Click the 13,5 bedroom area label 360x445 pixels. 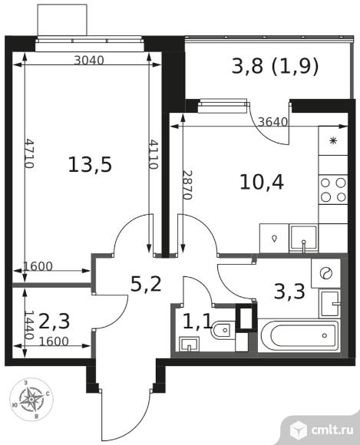click(90, 165)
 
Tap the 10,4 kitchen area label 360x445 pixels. click(262, 182)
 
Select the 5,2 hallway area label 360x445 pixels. click(146, 284)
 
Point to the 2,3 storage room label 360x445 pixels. click(54, 321)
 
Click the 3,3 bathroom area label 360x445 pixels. click(289, 292)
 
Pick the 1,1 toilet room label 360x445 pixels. click(197, 321)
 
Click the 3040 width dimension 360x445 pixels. click(89, 60)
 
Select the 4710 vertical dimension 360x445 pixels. click(29, 153)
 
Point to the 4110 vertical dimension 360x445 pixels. click(154, 153)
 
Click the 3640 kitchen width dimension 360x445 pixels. click(273, 122)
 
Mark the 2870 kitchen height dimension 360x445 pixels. click(187, 185)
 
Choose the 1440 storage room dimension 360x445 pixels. click(29, 325)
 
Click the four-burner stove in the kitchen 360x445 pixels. click(333, 190)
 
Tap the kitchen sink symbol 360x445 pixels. click(303, 239)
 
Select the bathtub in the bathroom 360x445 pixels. click(299, 336)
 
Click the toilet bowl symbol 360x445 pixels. click(223, 330)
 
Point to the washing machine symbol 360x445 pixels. click(325, 273)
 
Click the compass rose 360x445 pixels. click(31, 399)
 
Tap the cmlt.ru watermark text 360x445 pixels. click(332, 430)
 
